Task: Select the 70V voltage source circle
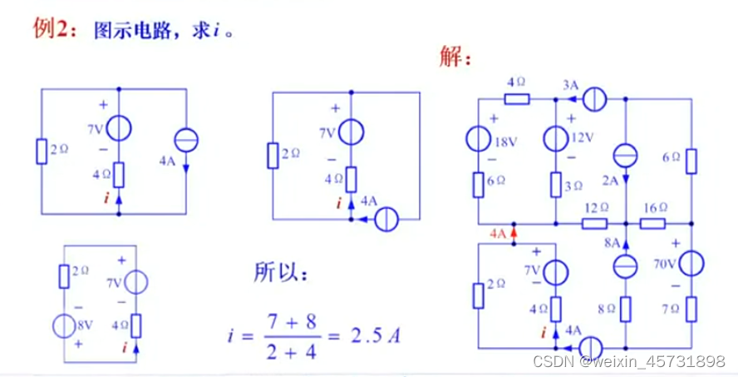point(691,265)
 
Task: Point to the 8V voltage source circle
point(67,324)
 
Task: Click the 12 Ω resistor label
point(596,207)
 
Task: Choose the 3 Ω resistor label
point(573,186)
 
